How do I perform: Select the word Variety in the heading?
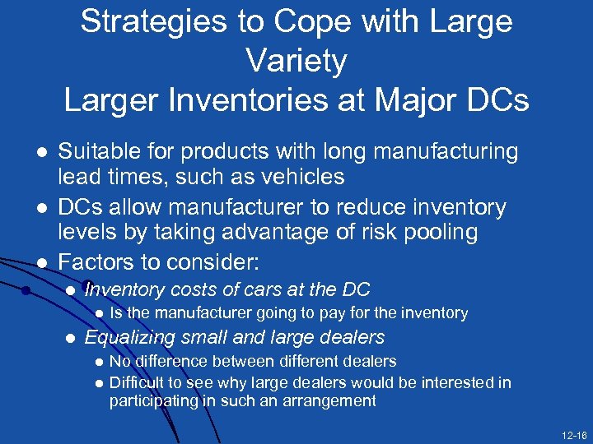296,60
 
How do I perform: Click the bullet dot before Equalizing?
71,337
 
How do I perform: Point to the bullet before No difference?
99,362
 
